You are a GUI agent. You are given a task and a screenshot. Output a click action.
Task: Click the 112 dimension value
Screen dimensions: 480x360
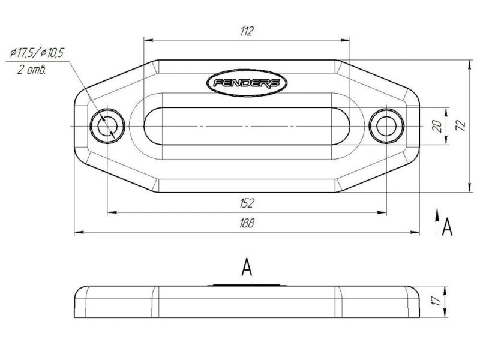[247, 31]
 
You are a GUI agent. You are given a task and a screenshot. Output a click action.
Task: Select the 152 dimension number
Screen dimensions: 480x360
[247, 203]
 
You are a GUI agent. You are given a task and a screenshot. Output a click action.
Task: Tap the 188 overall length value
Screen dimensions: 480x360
[247, 223]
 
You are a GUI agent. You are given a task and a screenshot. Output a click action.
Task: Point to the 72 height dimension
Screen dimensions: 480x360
[461, 125]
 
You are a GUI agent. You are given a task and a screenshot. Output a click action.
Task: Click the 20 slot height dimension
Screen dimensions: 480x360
[437, 126]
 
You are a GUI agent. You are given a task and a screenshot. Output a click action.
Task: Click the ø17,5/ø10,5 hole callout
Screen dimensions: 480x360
[37, 53]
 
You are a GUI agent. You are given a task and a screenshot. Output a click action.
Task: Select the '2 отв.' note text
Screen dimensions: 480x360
[32, 70]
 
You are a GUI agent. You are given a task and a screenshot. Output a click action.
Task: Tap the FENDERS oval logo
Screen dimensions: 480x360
[247, 83]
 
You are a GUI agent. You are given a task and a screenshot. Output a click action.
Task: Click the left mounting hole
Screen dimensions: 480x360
[107, 126]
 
